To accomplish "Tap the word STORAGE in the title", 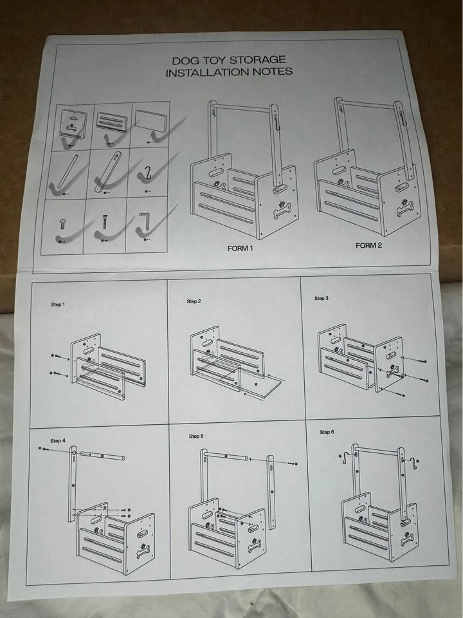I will (258, 60).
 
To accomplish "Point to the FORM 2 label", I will (369, 245).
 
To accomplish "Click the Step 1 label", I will (58, 304).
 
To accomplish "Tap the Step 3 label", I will (322, 299).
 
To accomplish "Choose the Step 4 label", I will (57, 441).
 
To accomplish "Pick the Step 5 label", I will (196, 436).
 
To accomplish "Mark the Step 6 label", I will (327, 432).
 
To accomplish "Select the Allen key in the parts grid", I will (145, 221).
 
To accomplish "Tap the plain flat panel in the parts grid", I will (152, 120).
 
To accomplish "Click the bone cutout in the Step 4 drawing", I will (142, 550).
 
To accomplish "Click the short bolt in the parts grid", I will (63, 223).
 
